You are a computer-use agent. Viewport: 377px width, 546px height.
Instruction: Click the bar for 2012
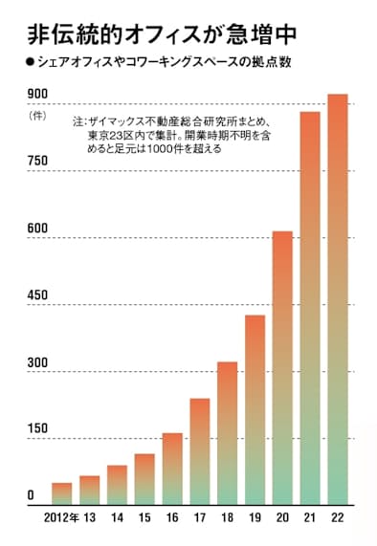click(x=61, y=493)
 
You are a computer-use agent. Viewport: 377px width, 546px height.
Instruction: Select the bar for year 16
click(x=172, y=469)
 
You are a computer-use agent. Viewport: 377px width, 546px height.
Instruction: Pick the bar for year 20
click(x=282, y=367)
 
